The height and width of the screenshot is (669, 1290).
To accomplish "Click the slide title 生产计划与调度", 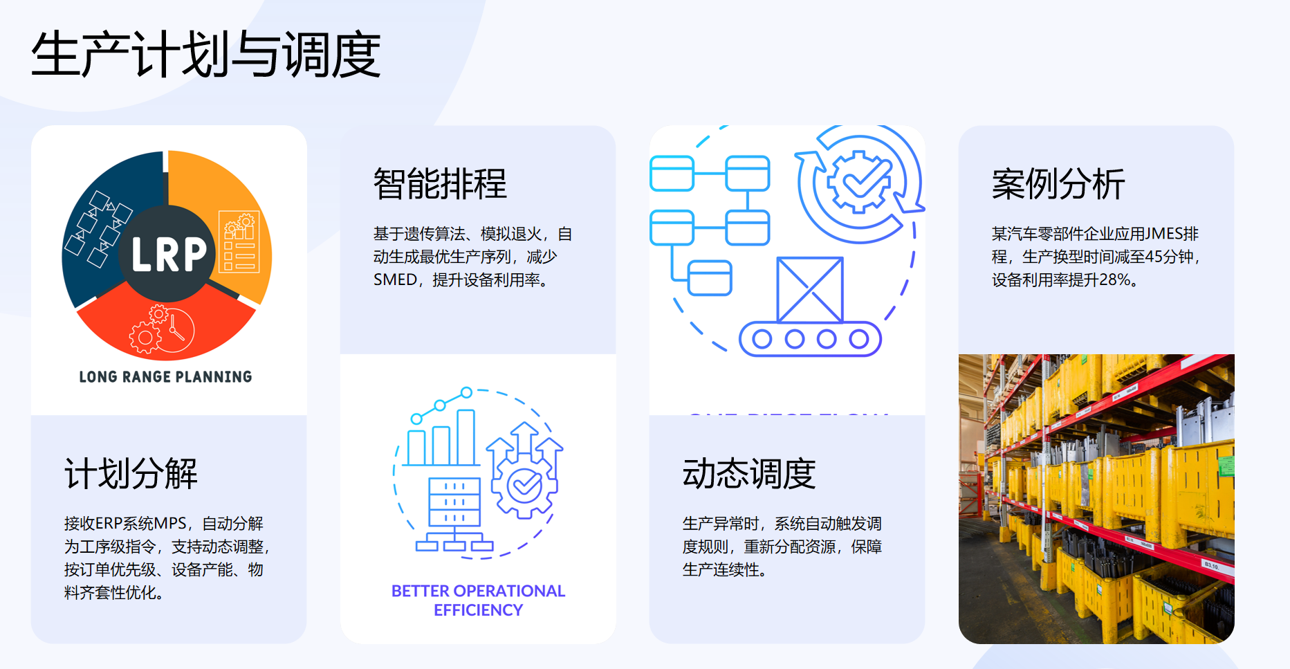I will [x=205, y=54].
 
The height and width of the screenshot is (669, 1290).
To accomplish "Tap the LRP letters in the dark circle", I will [x=169, y=254].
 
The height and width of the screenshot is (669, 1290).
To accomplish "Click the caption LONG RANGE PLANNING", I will [x=165, y=377].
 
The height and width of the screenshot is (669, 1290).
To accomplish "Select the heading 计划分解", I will [x=131, y=474].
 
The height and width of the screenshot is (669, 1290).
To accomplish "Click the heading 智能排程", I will [x=440, y=184].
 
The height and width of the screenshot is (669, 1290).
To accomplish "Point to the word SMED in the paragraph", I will [x=395, y=280].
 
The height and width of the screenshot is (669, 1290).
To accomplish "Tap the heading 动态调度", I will [x=749, y=474].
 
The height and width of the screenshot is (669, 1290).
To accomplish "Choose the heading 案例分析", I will [x=1058, y=184].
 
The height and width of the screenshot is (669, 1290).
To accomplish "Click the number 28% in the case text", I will [x=1114, y=280].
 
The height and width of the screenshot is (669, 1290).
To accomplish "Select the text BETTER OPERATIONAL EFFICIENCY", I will [x=478, y=601].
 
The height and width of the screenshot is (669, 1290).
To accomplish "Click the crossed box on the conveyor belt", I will [x=810, y=289].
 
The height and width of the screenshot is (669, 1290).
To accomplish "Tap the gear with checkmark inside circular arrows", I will [x=859, y=182].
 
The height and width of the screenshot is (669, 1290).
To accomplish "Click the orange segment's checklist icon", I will [x=239, y=242].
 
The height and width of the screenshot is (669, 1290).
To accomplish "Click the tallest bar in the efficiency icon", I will [x=466, y=437].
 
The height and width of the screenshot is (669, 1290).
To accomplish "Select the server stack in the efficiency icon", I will [x=454, y=502].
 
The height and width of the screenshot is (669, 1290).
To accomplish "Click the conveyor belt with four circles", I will [x=810, y=339].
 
